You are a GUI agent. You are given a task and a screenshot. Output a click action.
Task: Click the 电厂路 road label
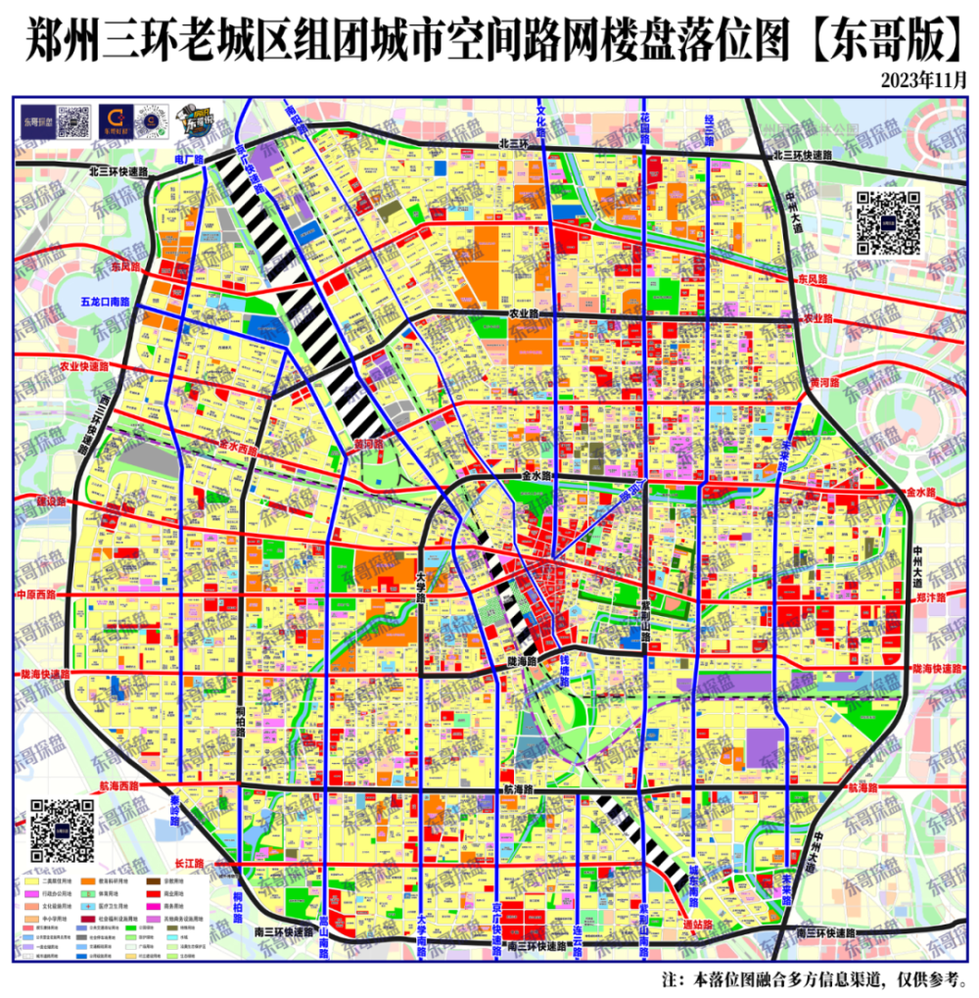tap(188, 159)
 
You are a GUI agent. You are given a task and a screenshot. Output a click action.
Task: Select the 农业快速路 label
tap(84, 366)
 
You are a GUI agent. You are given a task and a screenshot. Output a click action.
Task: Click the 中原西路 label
tap(37, 594)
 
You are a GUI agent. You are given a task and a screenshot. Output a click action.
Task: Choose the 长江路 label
tap(187, 863)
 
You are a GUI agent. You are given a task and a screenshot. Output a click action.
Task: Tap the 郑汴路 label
tap(931, 596)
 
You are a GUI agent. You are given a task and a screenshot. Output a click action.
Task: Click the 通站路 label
tap(697, 923)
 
